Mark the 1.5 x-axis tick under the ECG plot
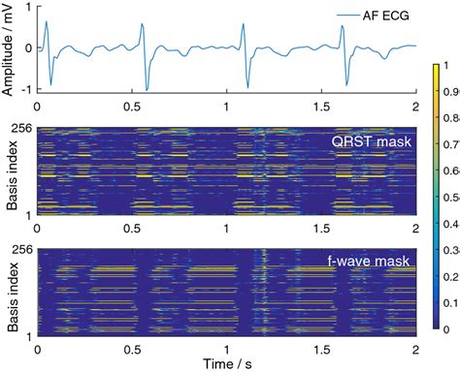point(321,105)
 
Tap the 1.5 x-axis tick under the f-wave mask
point(321,344)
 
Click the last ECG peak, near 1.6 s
point(342,26)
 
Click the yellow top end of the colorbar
point(434,67)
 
